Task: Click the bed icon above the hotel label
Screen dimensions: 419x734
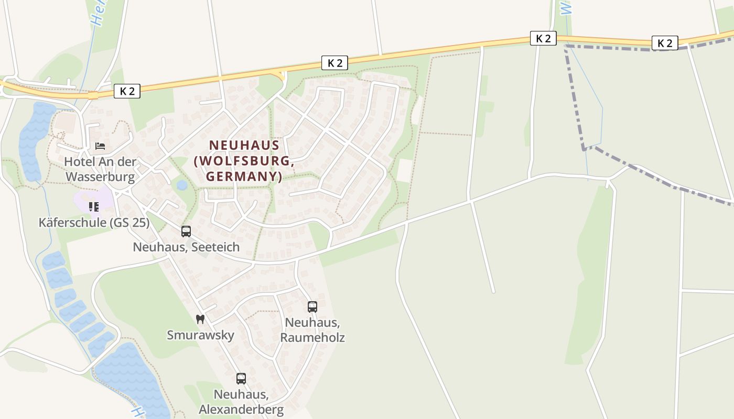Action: pos(100,146)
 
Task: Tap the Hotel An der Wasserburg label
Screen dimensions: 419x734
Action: pos(100,169)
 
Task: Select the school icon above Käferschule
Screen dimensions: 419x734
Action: pos(94,207)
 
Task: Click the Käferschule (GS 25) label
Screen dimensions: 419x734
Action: pos(94,223)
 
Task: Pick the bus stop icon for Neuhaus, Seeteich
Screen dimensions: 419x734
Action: pos(186,231)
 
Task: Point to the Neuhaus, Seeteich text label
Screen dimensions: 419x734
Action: pos(186,247)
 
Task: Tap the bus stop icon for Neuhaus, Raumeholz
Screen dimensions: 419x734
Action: pos(312,307)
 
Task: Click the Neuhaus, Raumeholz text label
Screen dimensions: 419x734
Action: pos(312,329)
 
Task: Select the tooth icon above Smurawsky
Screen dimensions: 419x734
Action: pos(200,319)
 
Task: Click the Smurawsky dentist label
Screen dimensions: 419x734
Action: pos(200,335)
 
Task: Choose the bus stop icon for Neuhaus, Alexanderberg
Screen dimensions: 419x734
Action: pos(241,379)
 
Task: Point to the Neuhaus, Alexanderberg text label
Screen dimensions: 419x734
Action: pos(241,402)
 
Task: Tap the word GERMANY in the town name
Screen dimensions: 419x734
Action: pos(244,177)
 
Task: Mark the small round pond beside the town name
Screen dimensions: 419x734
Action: pos(182,185)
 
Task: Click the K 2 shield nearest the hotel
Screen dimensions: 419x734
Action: pos(127,91)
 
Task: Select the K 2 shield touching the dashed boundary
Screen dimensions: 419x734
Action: pos(665,43)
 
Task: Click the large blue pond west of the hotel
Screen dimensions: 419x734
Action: pos(31,141)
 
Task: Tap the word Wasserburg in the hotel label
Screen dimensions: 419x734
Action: pos(100,177)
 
